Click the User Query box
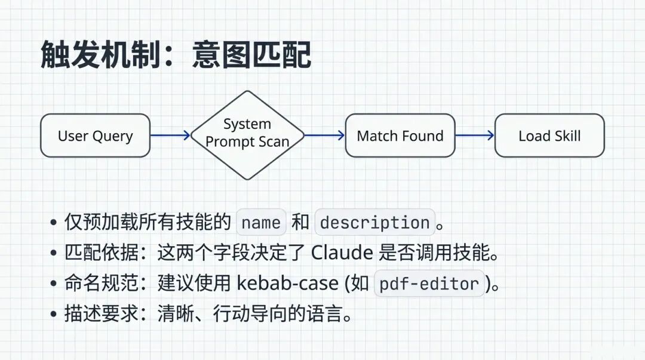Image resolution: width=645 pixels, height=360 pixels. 95,136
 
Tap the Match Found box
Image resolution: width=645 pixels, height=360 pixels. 400,136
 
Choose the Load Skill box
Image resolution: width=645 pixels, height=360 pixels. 549,136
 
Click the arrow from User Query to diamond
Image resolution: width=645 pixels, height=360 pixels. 170,136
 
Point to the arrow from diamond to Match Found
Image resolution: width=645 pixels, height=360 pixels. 324,136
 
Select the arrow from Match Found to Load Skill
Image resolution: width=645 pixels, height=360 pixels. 475,136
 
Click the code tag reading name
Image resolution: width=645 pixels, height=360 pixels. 262,223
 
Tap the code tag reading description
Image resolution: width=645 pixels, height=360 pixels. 374,223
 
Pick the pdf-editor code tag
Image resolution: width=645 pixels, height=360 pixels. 429,284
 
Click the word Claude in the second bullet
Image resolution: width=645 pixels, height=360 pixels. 342,253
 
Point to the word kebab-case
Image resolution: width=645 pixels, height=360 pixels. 287,284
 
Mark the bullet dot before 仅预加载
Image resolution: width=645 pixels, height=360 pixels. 53,223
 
